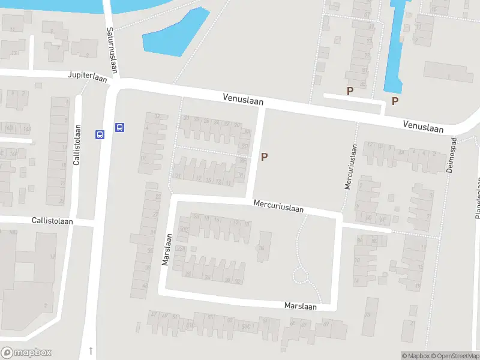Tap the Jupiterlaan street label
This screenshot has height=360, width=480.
coord(87,76)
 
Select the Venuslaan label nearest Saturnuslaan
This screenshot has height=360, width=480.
coord(243,98)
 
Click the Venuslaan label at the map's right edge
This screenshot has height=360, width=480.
coord(423,126)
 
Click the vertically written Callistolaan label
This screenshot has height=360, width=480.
coord(77,147)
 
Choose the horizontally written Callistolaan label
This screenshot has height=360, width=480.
coord(53,221)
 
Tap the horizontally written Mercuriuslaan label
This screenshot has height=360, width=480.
coord(278,206)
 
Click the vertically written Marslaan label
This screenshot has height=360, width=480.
coord(167,249)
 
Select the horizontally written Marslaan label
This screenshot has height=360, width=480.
coord(301,306)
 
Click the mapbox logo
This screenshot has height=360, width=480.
coord(26,353)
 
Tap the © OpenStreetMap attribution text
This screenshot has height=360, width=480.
coord(452,356)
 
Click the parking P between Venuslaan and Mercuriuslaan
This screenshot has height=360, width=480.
coord(264,157)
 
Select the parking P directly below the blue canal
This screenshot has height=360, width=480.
coord(395,101)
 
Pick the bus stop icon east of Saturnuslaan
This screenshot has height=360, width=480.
coord(119,127)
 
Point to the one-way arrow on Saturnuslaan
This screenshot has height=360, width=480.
coord(91,350)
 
